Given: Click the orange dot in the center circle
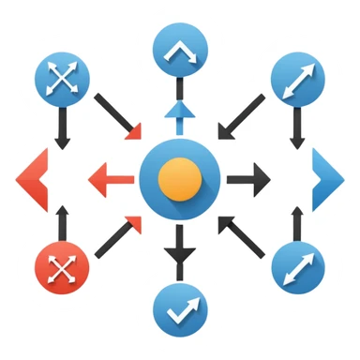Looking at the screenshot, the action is click(179, 176).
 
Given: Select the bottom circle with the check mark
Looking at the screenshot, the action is click(179, 307).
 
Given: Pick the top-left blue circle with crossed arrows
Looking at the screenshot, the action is click(61, 81).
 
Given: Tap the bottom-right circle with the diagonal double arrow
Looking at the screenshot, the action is click(298, 270).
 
